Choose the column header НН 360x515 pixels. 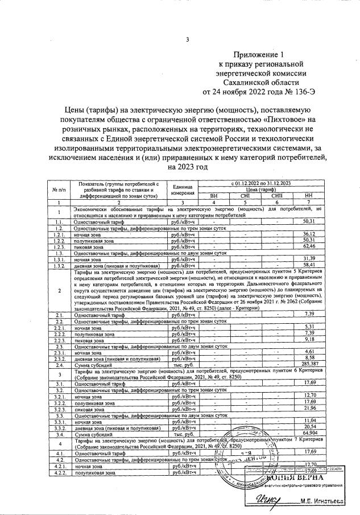click(309, 195)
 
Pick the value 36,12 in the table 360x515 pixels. click(309, 234)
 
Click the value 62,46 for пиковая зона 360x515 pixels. click(309, 248)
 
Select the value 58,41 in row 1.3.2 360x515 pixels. click(309, 266)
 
